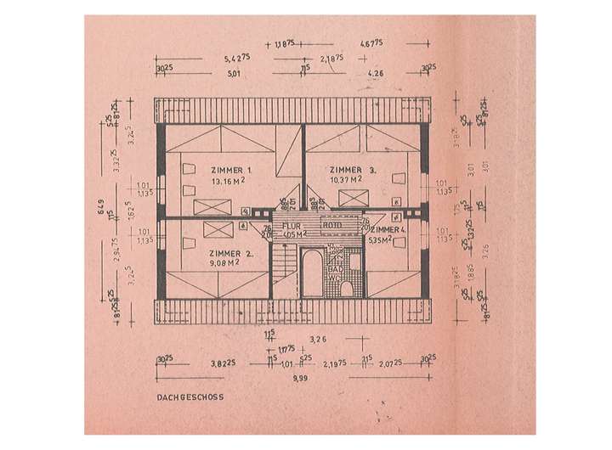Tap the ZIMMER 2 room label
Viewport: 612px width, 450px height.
[x=210, y=253]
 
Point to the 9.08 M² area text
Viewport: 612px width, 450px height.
[x=209, y=264]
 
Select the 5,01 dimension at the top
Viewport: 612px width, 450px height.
[x=232, y=74]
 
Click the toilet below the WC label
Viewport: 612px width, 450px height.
[x=346, y=290]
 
